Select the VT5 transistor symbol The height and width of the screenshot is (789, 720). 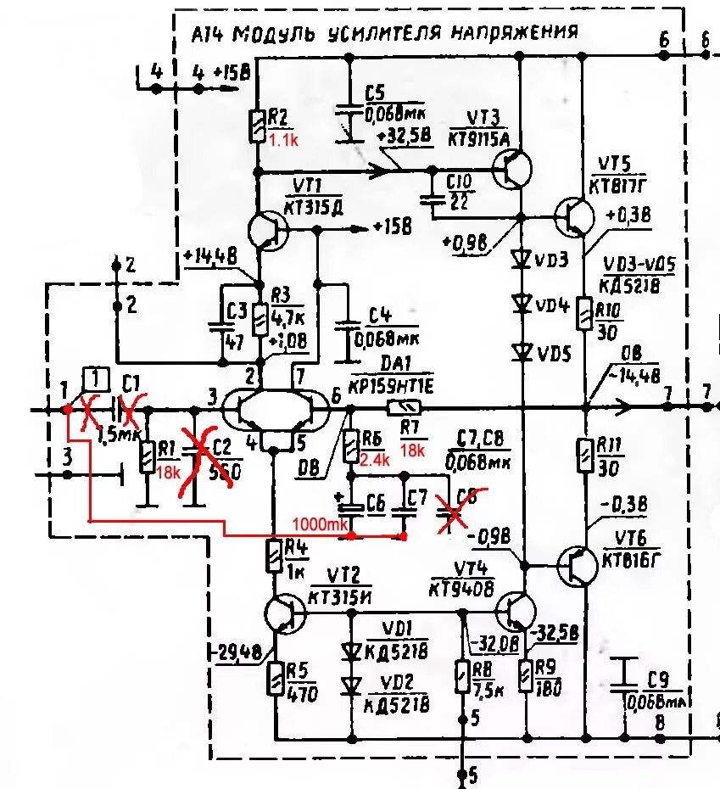576,217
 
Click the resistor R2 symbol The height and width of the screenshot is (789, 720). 257,126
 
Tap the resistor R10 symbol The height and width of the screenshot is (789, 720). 584,313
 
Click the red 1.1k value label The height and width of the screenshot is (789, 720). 284,141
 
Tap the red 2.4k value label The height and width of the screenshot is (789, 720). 374,460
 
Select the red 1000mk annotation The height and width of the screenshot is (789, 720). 321,525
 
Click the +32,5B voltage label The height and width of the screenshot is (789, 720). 407,136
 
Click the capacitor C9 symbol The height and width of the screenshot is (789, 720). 624,673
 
